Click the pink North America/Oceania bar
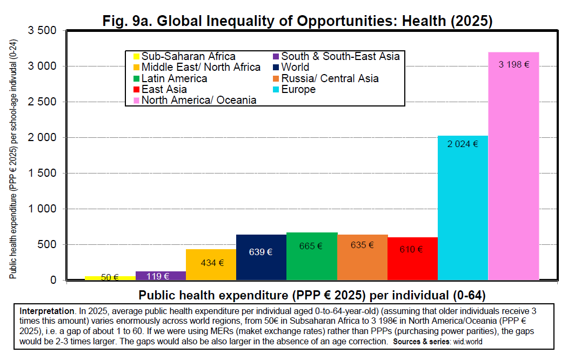coord(513,173)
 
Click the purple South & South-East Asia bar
coord(161,276)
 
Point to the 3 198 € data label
coord(513,64)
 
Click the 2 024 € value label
coord(463,144)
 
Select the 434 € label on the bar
coord(211,263)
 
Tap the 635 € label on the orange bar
coord(362,245)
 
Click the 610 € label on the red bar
coord(411,249)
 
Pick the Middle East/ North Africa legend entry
coord(201,68)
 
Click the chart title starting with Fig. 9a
coord(298,21)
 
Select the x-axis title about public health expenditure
coord(312,296)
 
